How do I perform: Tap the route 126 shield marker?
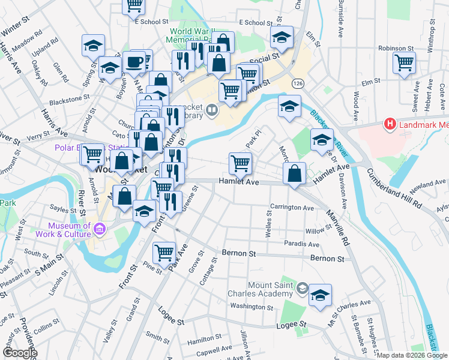click(x=297, y=82)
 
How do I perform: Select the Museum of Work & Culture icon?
click(x=100, y=228)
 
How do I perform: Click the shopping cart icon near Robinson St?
click(x=405, y=61)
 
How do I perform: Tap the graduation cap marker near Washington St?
click(x=321, y=295)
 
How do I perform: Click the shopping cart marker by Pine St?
click(x=164, y=253)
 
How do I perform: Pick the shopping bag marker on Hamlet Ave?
click(x=294, y=174)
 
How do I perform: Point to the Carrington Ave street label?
click(x=292, y=208)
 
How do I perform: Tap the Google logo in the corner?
click(x=20, y=353)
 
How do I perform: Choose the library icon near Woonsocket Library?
click(x=212, y=110)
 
